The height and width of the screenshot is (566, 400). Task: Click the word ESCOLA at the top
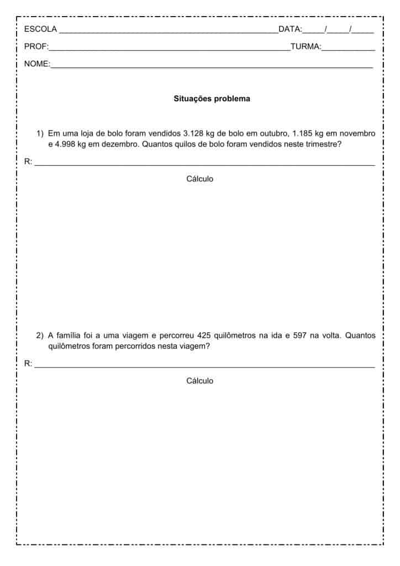point(40,29)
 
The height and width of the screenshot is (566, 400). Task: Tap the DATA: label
point(290,29)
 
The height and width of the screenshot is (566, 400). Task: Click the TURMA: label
point(306,47)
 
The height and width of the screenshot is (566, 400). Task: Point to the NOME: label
point(37,64)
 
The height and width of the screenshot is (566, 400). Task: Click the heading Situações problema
point(212,99)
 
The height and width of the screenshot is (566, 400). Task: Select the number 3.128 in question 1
point(193,133)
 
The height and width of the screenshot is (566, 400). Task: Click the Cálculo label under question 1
point(199,179)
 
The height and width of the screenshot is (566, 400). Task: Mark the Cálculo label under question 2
point(199,381)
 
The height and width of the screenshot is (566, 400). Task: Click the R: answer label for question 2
point(28,364)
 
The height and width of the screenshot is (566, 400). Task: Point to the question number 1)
point(40,133)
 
